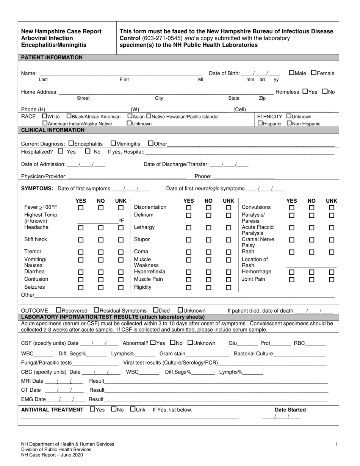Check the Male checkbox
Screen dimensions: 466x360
tap(291, 73)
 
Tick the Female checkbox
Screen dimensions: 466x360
tap(314, 73)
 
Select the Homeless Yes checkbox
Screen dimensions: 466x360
tap(305, 91)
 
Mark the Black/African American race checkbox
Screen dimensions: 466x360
tap(69, 116)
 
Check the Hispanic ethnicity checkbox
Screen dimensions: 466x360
tap(260, 123)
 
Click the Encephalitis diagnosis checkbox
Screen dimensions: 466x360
tap(71, 144)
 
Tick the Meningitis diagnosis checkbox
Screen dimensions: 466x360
tap(113, 144)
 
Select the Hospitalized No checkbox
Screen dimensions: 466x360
tap(88, 152)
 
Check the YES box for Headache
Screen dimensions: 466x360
tap(81, 228)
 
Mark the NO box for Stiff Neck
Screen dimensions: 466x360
tap(101, 240)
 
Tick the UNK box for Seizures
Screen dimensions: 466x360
tap(121, 288)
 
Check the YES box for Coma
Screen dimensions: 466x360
tap(188, 252)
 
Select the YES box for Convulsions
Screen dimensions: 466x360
tap(291, 208)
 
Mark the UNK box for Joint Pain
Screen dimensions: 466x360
tap(332, 280)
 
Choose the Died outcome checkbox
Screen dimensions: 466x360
tap(156, 310)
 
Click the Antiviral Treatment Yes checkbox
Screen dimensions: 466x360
tap(93, 409)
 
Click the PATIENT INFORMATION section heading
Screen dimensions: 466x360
tap(52, 58)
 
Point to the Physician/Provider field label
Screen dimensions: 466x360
tap(44, 176)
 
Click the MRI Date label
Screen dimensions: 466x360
tap(32, 381)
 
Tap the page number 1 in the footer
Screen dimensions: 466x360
tap(336, 444)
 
